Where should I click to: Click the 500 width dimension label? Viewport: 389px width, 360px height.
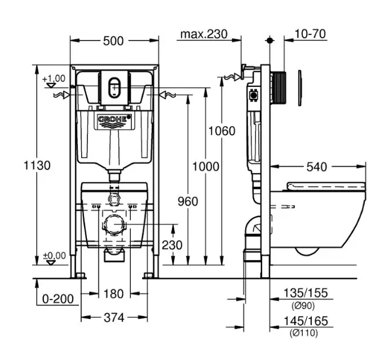pos(114,41)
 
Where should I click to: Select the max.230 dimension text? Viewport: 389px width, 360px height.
pos(203,34)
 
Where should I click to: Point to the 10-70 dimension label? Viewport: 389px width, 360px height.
pos(311,34)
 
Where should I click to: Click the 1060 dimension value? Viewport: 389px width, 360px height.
pos(221,131)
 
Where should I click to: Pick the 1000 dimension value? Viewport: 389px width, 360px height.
pos(206,166)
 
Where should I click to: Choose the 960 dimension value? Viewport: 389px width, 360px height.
pos(187,201)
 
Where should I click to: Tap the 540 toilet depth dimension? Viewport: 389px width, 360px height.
pos(316,167)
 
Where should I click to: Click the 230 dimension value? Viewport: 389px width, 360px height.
pos(171,245)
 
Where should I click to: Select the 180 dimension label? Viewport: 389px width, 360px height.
pos(114,294)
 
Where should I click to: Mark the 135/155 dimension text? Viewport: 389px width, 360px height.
pos(307,293)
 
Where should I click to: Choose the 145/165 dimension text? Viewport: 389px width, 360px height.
pos(307,322)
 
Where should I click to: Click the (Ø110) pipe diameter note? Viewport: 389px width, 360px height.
pos(303,333)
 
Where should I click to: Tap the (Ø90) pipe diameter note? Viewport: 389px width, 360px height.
pos(303,304)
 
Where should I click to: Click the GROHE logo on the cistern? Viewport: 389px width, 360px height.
pos(114,119)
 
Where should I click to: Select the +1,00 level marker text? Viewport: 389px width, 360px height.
pos(54,78)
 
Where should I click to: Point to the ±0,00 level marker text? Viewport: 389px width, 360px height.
pos(54,255)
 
